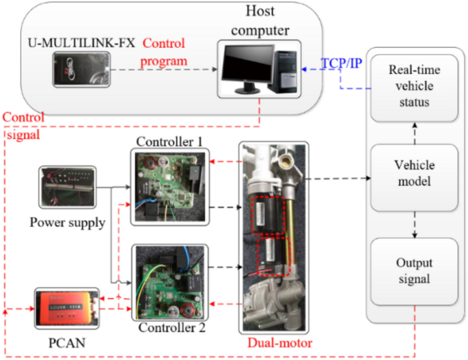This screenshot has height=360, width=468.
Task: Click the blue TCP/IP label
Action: (x=344, y=64)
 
